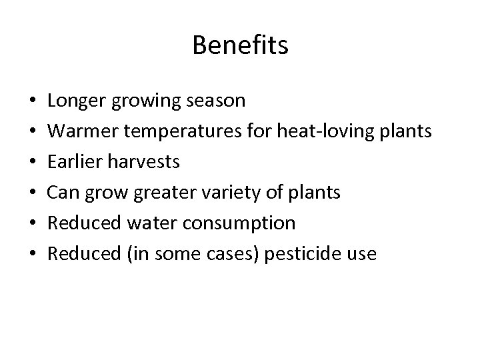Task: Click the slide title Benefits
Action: pyautogui.click(x=240, y=45)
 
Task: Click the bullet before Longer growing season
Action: pyautogui.click(x=33, y=102)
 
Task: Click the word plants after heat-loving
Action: pyautogui.click(x=401, y=131)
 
